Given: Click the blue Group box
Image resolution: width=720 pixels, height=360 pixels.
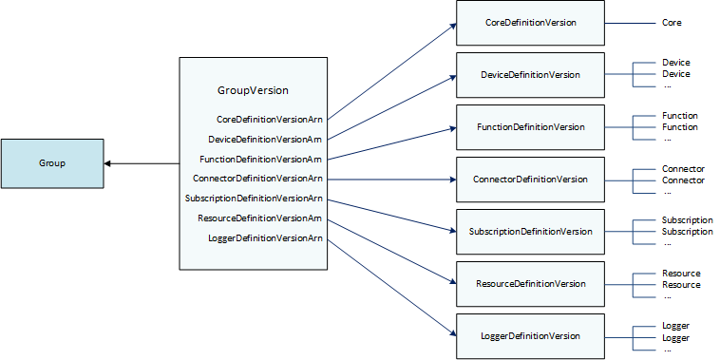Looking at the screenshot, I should tap(52, 163).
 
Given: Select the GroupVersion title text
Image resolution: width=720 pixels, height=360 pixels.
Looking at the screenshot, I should tap(253, 90).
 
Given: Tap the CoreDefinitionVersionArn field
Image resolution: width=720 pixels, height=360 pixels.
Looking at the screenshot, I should tap(270, 120).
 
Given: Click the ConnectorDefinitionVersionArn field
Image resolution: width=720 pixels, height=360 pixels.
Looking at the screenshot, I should tap(257, 178).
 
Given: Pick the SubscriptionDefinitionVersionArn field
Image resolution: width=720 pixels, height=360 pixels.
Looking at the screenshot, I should tap(254, 199).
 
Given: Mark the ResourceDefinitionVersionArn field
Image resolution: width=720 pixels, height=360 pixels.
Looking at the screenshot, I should tap(260, 218).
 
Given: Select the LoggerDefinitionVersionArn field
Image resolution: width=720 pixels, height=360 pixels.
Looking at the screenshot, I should tap(265, 237).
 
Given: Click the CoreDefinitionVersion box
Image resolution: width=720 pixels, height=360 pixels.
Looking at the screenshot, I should tap(530, 22).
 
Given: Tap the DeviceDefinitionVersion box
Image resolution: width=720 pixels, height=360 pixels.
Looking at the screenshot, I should tap(530, 74).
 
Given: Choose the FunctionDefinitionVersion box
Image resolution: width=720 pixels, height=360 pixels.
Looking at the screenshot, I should tap(530, 126).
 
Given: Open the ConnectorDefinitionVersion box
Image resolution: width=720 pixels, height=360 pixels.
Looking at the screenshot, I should tap(530, 179).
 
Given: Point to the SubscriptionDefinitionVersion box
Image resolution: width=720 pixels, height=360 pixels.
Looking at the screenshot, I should tap(530, 231).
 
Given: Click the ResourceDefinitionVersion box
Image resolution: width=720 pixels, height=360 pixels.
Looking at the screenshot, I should tap(530, 283).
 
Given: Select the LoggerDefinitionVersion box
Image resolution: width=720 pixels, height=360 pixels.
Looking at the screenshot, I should tap(530, 336).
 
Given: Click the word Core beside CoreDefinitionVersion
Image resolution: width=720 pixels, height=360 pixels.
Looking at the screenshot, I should tap(672, 22).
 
